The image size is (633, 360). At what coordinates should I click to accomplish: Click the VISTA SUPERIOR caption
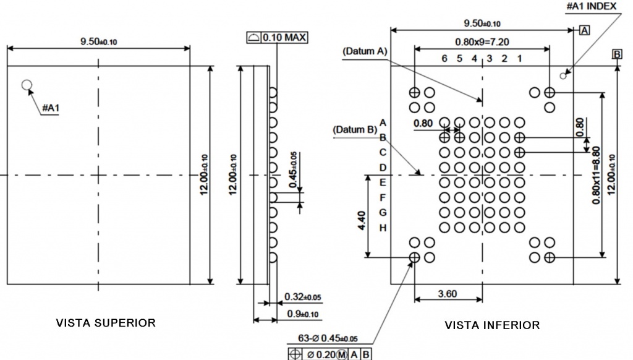click(106, 322)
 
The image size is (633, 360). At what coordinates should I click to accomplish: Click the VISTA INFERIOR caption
click(492, 325)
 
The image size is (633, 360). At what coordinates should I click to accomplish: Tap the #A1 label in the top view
click(51, 109)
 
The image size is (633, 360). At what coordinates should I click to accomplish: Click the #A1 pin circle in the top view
click(27, 85)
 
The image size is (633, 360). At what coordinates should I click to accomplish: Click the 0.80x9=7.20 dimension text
click(482, 42)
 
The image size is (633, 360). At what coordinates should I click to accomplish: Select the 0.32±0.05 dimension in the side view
click(303, 298)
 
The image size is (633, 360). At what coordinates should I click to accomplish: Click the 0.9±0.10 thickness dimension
click(303, 314)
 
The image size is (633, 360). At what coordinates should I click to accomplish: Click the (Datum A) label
click(364, 51)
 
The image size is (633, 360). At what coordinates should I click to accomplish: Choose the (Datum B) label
click(355, 130)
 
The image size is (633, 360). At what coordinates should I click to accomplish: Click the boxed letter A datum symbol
click(584, 30)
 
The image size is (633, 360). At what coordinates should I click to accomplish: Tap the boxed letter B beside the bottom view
click(617, 54)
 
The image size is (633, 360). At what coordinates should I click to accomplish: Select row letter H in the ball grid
click(383, 228)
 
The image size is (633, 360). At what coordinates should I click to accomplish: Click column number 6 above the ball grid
click(444, 58)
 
